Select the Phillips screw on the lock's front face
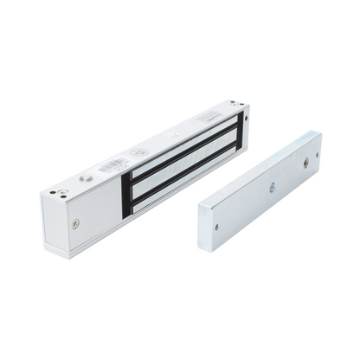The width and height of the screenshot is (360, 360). (76, 223)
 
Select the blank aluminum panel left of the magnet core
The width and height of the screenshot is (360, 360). (95, 204)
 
